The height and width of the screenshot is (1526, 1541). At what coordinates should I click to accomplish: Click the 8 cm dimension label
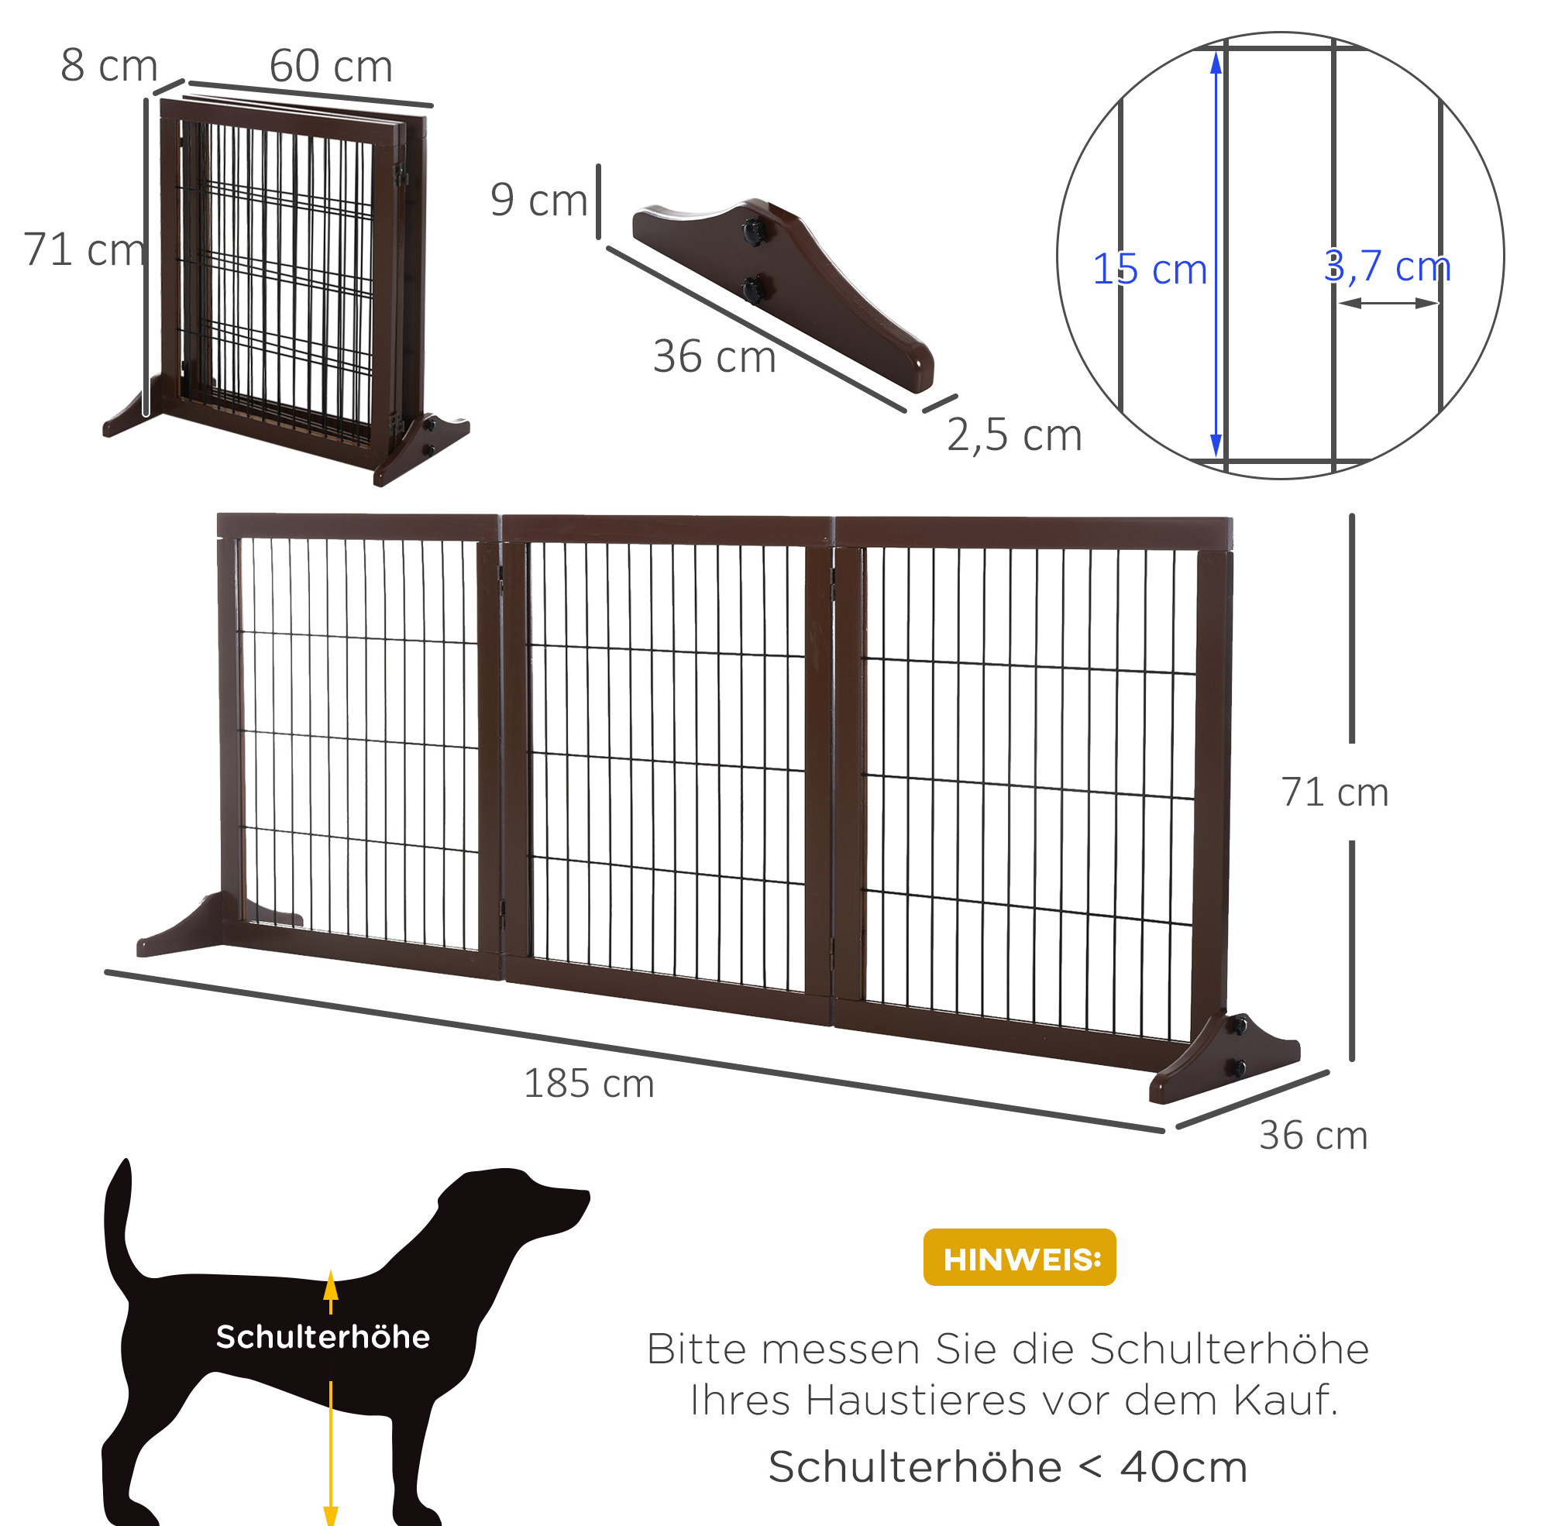coord(108,65)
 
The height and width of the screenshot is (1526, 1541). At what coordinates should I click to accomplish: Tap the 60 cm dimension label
coord(331,65)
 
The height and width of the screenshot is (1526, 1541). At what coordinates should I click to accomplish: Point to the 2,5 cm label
coord(1013,435)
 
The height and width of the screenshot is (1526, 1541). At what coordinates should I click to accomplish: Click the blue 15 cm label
coord(1150,269)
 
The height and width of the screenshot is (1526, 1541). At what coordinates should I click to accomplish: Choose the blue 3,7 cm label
coord(1387,266)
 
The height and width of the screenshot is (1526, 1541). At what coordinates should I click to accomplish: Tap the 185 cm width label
coord(589,1084)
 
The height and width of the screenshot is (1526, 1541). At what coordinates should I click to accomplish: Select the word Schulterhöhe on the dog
coord(323,1337)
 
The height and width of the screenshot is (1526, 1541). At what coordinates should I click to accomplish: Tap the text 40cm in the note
coord(1184,1467)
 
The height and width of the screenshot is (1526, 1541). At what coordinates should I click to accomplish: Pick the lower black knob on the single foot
coord(752,289)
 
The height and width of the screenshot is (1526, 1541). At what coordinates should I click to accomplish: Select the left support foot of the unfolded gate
coord(215,925)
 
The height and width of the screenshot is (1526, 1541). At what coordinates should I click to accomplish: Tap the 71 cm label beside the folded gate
coord(84,249)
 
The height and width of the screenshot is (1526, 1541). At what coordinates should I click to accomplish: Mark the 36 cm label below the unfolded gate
coord(1314,1136)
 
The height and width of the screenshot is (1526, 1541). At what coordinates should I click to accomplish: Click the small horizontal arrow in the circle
coord(1388,303)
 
